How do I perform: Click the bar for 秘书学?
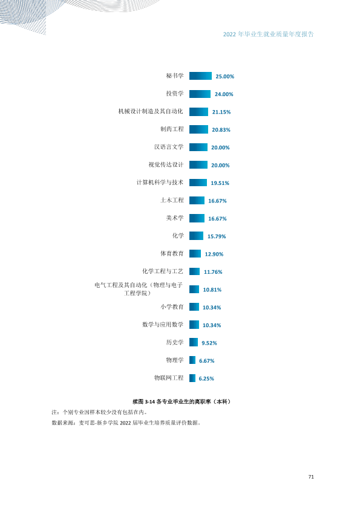(x=200, y=76)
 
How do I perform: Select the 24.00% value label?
(x=224, y=94)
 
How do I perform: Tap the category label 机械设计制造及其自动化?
(x=151, y=111)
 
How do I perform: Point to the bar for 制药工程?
(x=198, y=129)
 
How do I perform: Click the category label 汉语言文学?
(x=169, y=147)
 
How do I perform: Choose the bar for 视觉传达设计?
(x=198, y=165)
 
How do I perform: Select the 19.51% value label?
(x=220, y=183)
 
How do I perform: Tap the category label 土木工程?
(x=172, y=200)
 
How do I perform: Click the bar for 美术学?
(x=197, y=218)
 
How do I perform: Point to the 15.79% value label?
(x=217, y=236)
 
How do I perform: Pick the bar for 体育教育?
(x=195, y=253)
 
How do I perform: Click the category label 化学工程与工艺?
(x=163, y=271)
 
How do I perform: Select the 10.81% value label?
(x=212, y=290)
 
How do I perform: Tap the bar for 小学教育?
(x=194, y=306)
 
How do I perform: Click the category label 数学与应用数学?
(x=163, y=325)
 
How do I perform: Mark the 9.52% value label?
(x=209, y=343)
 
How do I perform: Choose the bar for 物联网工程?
(x=192, y=378)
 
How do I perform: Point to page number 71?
(x=311, y=476)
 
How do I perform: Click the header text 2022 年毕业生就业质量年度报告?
(x=269, y=34)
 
